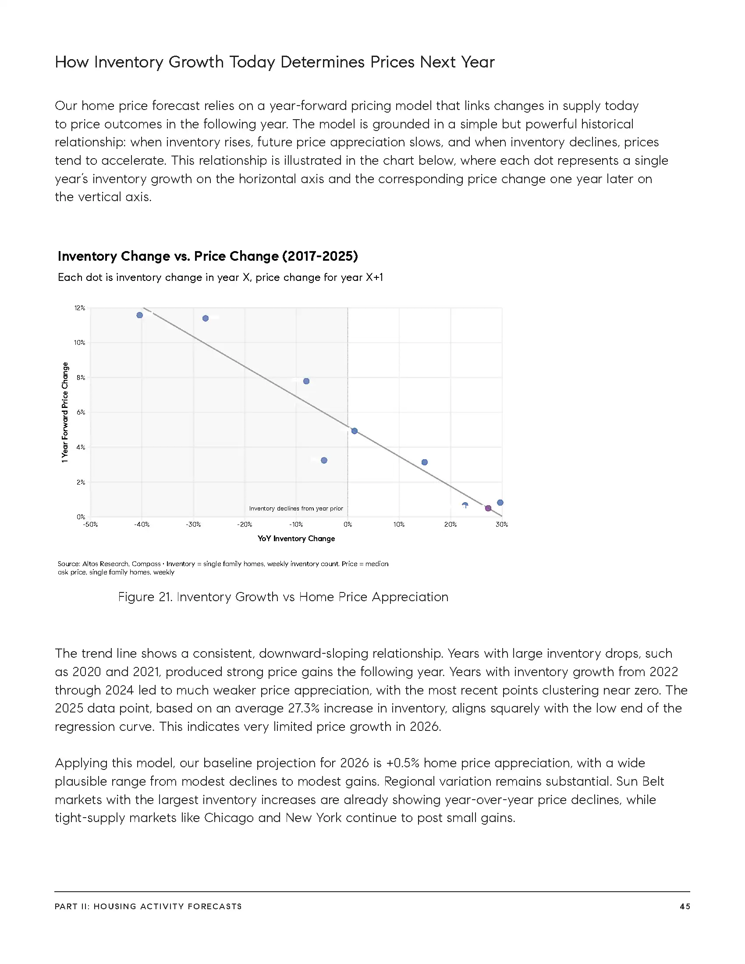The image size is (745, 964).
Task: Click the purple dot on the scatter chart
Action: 488,508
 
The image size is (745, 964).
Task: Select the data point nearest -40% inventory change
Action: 139,315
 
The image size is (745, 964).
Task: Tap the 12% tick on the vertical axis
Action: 79,308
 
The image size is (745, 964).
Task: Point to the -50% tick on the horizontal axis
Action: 90,525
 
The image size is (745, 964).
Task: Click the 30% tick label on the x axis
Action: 502,525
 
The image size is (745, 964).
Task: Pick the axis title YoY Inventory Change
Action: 296,539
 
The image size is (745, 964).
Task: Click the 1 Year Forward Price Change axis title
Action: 65,412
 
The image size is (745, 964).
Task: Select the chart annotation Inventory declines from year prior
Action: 296,508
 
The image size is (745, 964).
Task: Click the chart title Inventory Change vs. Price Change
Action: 207,256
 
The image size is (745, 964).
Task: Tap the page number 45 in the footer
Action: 685,906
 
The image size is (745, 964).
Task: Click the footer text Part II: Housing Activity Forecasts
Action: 148,906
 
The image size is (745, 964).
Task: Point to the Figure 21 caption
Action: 283,597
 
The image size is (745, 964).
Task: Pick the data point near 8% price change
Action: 306,381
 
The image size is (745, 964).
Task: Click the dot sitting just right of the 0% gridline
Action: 355,431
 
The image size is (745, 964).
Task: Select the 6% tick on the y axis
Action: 80,412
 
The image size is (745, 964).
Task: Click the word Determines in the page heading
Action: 323,62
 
